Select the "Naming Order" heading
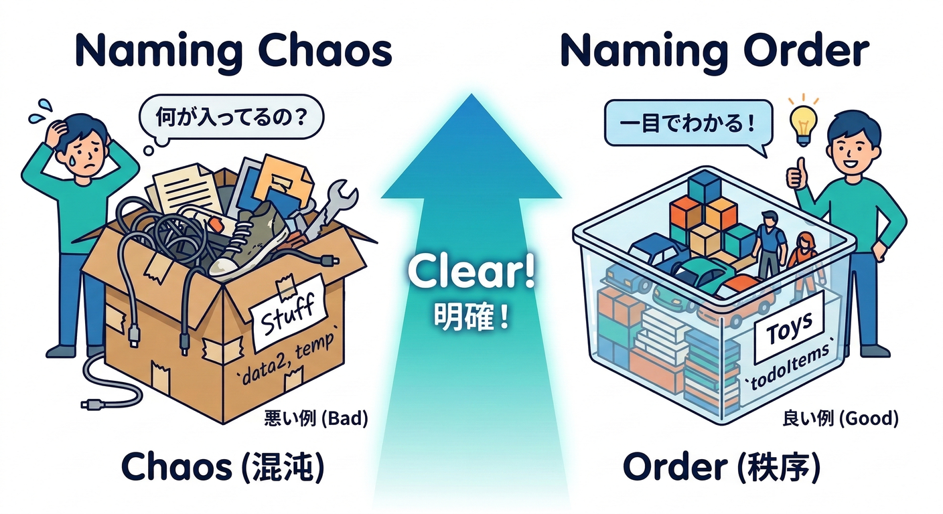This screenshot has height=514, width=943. [714, 51]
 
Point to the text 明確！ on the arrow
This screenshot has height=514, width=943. [472, 315]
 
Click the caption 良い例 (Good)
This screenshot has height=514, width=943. [839, 420]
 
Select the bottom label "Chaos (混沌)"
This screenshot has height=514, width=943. [223, 468]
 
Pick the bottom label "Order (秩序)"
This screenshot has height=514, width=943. [721, 468]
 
